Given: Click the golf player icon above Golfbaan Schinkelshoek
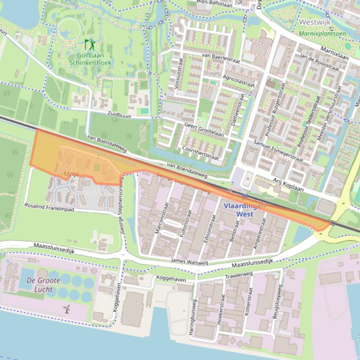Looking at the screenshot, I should coord(89,45).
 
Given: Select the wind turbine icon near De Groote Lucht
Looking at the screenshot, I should coord(67,309).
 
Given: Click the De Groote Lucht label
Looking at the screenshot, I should coord(40,284).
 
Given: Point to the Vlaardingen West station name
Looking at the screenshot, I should coord(245,209).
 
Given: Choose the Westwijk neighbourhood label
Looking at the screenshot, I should coord(315,22).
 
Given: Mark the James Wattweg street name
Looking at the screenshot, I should coord(189,260).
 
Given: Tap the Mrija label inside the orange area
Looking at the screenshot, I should coord(71,175).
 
